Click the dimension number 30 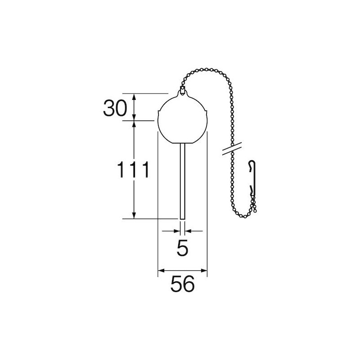[x=115, y=108]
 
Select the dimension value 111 [x=133, y=170]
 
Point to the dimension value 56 [x=183, y=284]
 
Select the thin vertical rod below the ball [x=182, y=181]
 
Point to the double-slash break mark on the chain [x=232, y=148]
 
